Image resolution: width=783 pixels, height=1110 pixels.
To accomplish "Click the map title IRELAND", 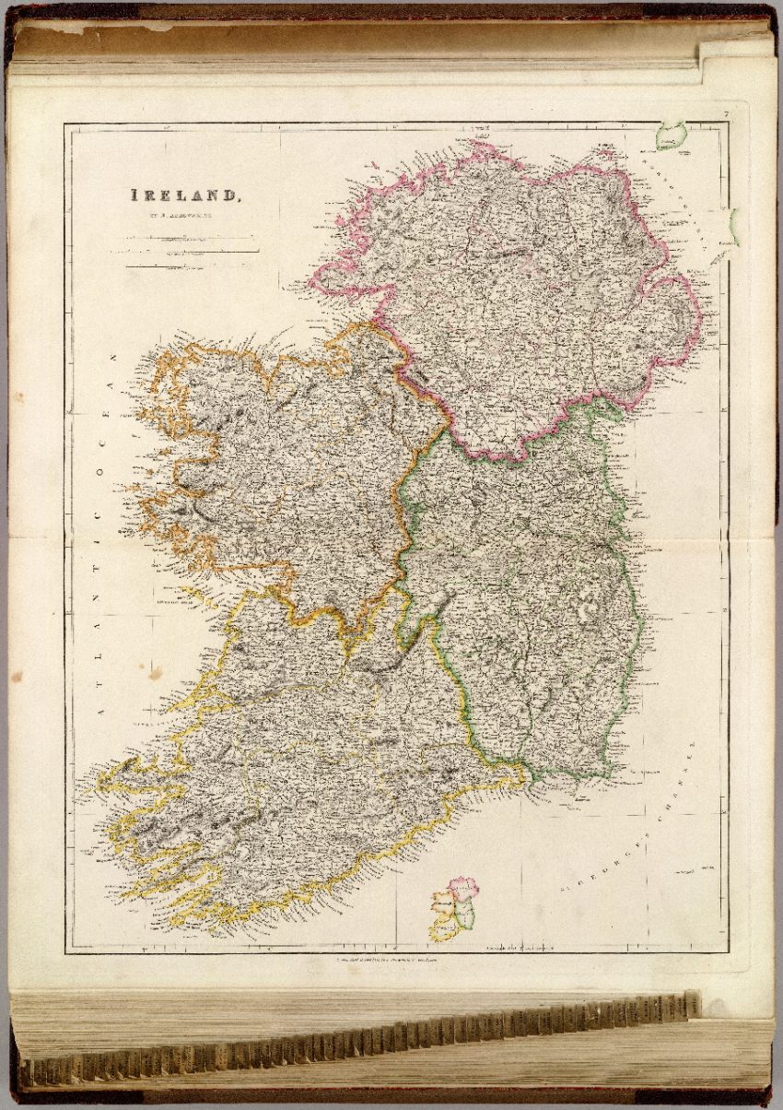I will (x=185, y=195).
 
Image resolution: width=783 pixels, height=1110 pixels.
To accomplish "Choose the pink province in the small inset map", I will (x=464, y=887).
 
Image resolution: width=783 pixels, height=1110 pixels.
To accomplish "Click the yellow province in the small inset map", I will (x=444, y=927).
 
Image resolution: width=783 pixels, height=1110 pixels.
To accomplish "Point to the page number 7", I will (x=726, y=114).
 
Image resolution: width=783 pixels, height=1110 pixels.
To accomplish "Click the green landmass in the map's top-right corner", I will (x=671, y=136).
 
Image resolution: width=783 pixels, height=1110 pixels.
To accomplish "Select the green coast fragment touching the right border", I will (x=732, y=227).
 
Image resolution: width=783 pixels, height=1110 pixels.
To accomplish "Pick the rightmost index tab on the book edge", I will (x=692, y=1004).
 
